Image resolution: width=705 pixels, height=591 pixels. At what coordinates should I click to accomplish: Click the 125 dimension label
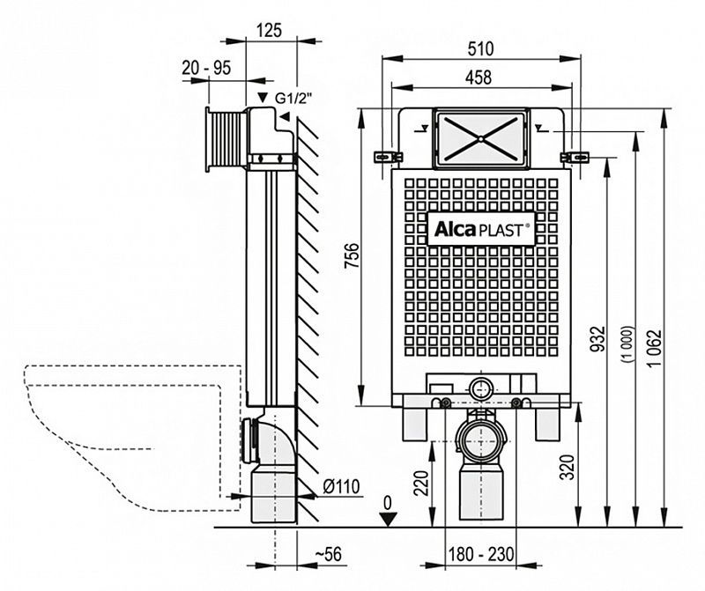point(271,29)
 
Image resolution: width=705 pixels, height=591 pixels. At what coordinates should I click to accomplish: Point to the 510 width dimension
point(480,48)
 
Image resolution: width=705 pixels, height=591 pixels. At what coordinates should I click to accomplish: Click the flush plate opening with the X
point(479,137)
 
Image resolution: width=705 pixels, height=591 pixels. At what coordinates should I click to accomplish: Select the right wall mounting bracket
point(575,157)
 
